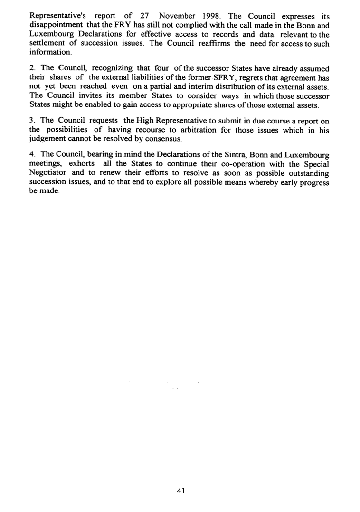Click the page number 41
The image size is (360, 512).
point(180,491)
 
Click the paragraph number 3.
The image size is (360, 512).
point(31,120)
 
